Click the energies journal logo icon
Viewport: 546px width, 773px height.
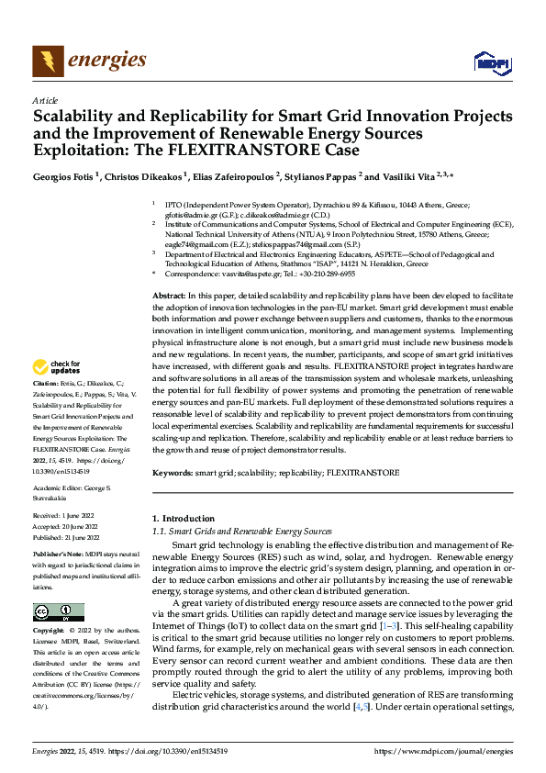pos(46,61)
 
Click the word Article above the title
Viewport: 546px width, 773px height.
pos(45,99)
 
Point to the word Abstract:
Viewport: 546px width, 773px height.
pos(168,293)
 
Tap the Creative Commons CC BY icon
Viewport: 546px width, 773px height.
pos(59,612)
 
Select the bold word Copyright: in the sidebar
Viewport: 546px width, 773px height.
pos(49,632)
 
